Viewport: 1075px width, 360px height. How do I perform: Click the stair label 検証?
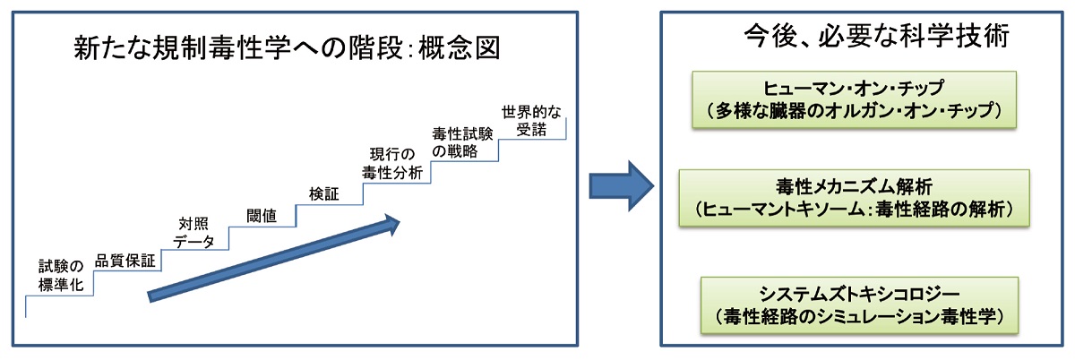323,193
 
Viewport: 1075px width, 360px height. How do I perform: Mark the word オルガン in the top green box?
845,110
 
